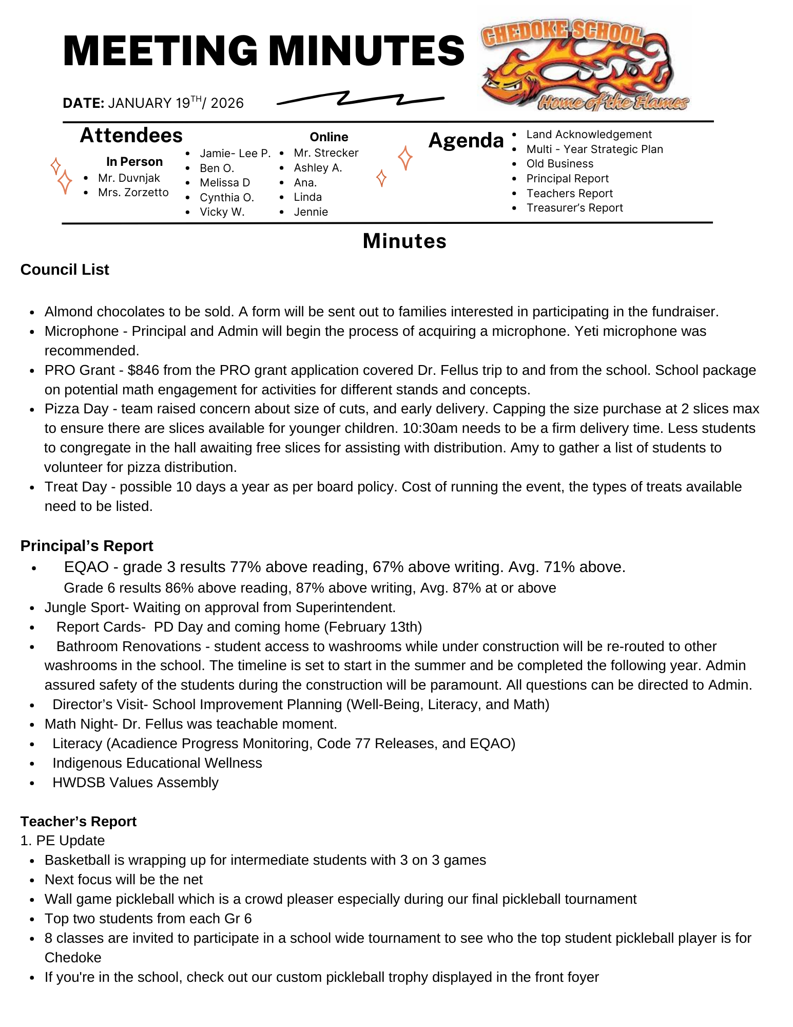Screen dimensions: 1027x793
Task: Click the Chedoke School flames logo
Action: pyautogui.click(x=584, y=64)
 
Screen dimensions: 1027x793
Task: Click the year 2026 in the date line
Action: pyautogui.click(x=227, y=103)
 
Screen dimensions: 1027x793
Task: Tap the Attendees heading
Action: pyautogui.click(x=131, y=136)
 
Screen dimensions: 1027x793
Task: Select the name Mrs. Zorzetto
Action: pyautogui.click(x=133, y=193)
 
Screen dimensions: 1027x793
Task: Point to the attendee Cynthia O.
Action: pyautogui.click(x=227, y=198)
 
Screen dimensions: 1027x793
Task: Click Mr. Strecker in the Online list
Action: pyautogui.click(x=326, y=153)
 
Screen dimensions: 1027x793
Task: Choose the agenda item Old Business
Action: pyautogui.click(x=559, y=164)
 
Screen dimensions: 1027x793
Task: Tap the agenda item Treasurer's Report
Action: pyautogui.click(x=574, y=208)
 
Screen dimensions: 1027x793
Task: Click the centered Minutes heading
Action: pyautogui.click(x=404, y=241)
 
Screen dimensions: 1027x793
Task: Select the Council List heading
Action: pyautogui.click(x=65, y=270)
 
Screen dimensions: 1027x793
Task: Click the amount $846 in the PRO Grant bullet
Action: pyautogui.click(x=143, y=370)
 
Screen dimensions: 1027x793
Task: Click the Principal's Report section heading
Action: pyautogui.click(x=87, y=546)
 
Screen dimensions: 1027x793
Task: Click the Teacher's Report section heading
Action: pyautogui.click(x=79, y=822)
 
